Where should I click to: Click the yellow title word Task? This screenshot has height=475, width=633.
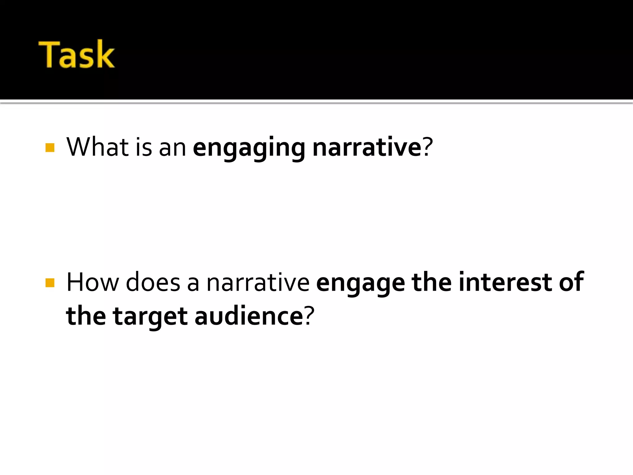(x=76, y=54)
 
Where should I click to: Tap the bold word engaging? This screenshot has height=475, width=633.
(x=249, y=148)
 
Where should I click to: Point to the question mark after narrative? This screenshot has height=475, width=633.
(x=427, y=147)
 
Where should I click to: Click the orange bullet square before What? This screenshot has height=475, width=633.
(x=50, y=148)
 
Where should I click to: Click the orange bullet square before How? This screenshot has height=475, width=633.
(x=50, y=283)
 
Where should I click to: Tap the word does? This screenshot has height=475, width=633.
(x=153, y=282)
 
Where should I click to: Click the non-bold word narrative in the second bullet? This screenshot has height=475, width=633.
(x=258, y=282)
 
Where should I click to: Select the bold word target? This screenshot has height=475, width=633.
(x=150, y=317)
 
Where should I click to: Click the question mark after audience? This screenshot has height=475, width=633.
(x=309, y=316)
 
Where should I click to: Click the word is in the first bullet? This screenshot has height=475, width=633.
(x=144, y=147)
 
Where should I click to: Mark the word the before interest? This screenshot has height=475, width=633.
(x=431, y=282)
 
